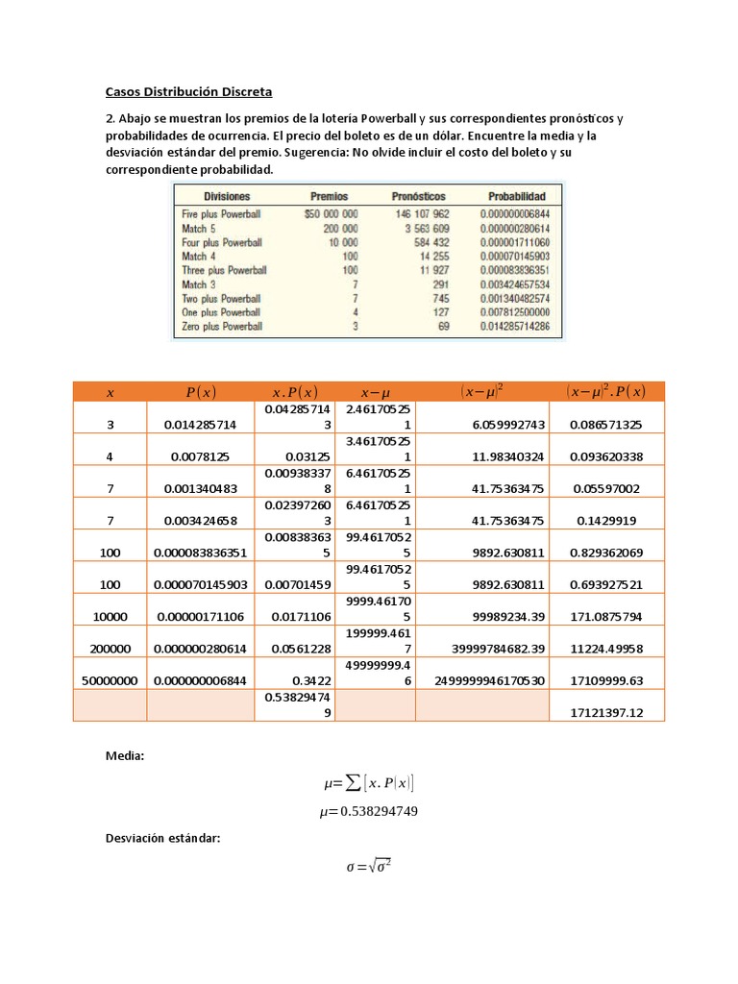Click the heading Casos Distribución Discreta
coord(188,92)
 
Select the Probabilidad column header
coord(516,196)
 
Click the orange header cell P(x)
coord(201,391)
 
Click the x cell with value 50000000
coord(110,679)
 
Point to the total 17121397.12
coord(606,712)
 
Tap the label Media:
coord(124,757)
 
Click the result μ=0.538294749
coord(369,812)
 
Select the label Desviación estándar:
coord(162,839)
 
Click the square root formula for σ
coord(368,867)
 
